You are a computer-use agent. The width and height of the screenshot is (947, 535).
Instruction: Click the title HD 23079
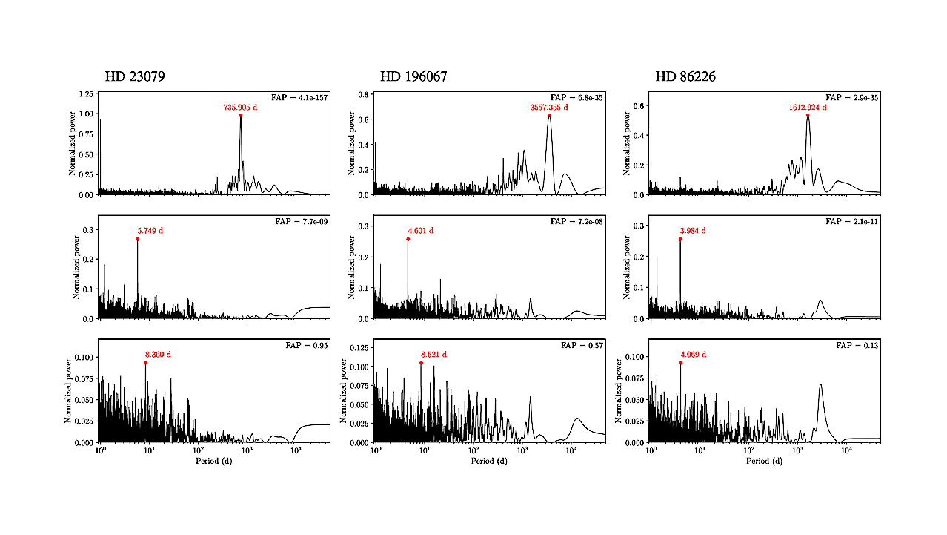pyautogui.click(x=140, y=77)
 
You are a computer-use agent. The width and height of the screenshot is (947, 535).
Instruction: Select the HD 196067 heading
pyautogui.click(x=413, y=77)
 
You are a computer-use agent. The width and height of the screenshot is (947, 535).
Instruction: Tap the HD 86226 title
pyautogui.click(x=685, y=77)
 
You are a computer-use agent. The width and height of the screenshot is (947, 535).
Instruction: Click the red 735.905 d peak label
pyautogui.click(x=240, y=108)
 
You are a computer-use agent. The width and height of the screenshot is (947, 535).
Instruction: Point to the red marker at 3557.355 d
pyautogui.click(x=549, y=115)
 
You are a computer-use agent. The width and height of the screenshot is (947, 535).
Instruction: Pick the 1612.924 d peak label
pyautogui.click(x=807, y=108)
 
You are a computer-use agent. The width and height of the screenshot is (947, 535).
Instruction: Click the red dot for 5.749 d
pyautogui.click(x=137, y=239)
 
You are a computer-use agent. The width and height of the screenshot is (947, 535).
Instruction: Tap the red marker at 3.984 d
pyautogui.click(x=680, y=239)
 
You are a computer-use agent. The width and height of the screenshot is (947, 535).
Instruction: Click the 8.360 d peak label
pyautogui.click(x=158, y=355)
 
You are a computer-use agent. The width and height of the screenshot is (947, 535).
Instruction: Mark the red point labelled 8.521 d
pyautogui.click(x=421, y=363)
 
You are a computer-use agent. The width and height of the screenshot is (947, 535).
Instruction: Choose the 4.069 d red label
pyautogui.click(x=693, y=355)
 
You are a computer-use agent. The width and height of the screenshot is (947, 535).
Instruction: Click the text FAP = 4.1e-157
pyautogui.click(x=293, y=98)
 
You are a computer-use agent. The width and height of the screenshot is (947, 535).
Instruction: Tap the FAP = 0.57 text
pyautogui.click(x=582, y=346)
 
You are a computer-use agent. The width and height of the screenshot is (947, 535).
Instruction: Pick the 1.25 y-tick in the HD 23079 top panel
pyautogui.click(x=84, y=94)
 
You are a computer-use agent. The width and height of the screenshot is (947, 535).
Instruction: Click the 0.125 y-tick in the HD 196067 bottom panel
pyautogui.click(x=359, y=347)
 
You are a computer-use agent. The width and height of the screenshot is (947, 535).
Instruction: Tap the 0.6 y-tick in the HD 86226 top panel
pyautogui.click(x=639, y=105)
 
